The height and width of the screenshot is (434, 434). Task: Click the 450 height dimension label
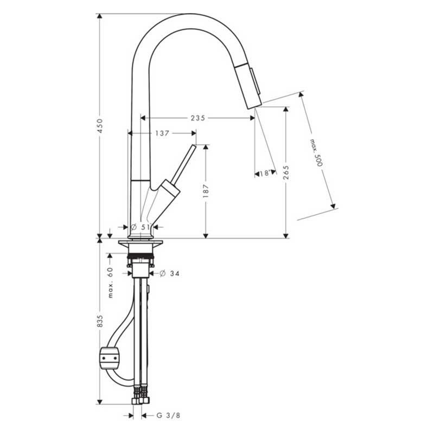point(100,126)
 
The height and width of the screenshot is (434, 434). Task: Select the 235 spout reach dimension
point(198,118)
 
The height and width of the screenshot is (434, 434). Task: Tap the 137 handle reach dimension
point(162,133)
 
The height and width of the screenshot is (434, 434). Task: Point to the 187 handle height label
point(206,191)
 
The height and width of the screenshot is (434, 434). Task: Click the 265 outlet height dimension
point(286,173)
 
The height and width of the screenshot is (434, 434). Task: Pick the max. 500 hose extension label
point(316,153)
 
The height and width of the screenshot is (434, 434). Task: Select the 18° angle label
point(265,173)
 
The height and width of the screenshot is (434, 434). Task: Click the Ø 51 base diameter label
point(141,227)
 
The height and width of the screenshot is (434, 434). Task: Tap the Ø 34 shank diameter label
point(169,274)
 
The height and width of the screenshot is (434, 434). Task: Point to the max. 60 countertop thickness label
point(110,282)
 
